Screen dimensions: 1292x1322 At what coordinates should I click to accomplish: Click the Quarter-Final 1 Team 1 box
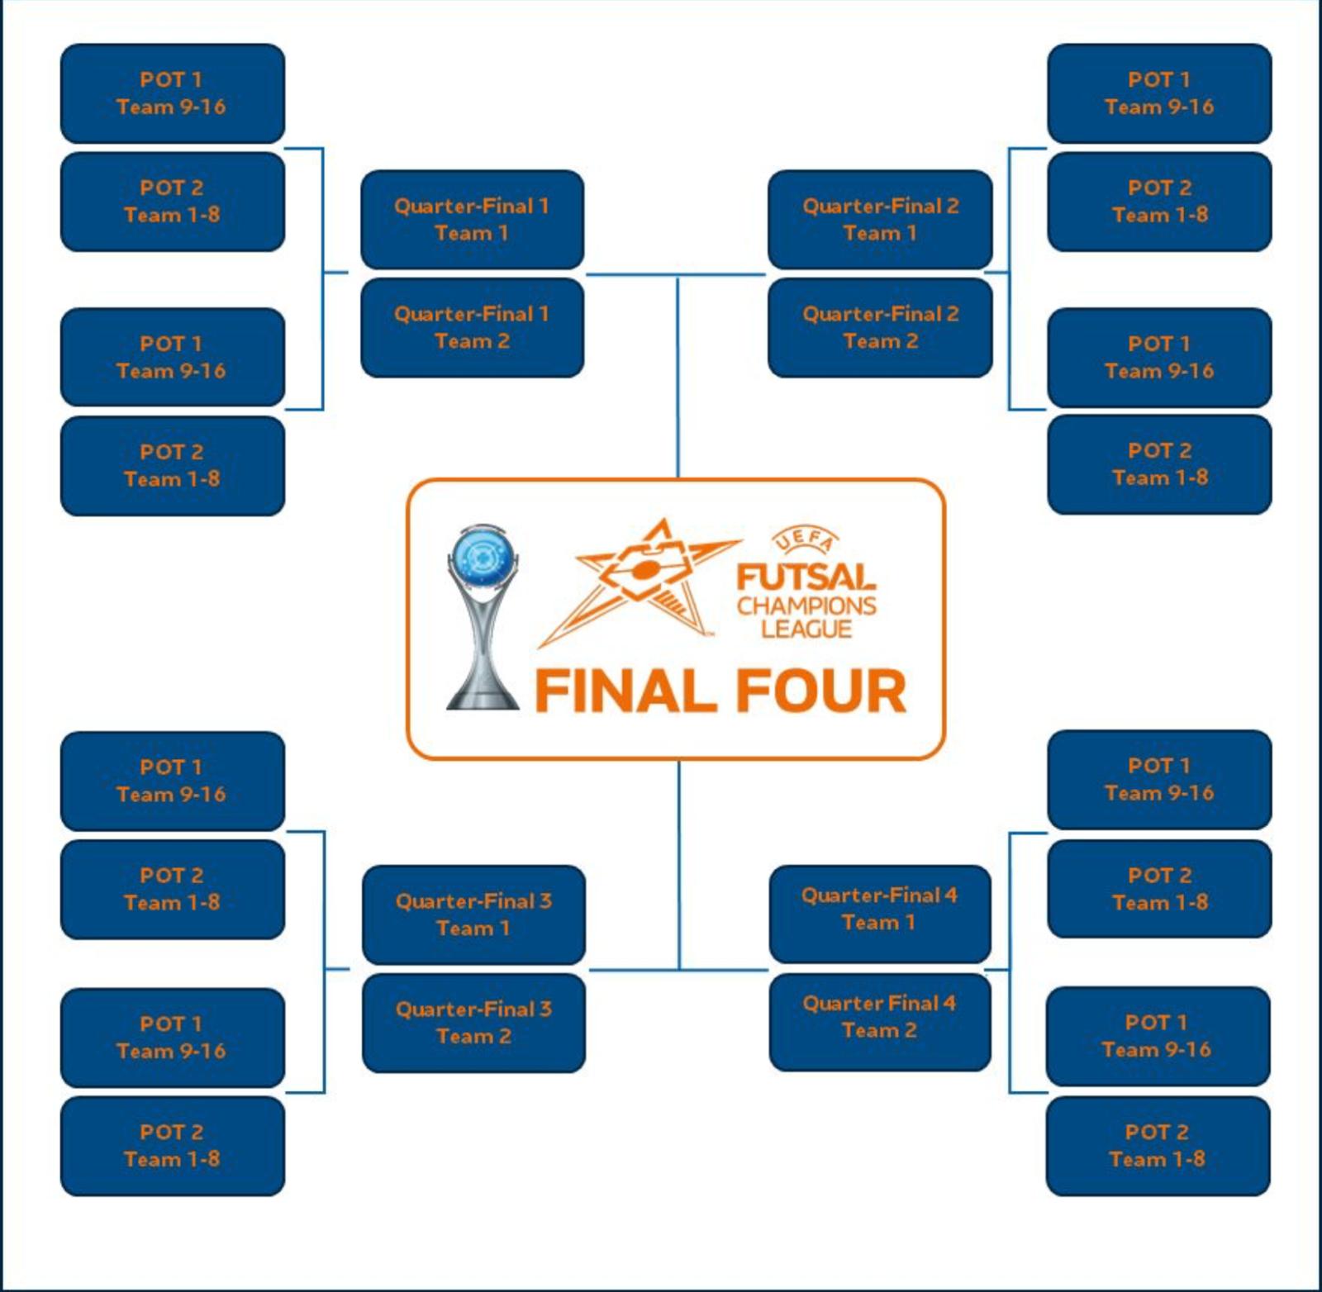tap(472, 220)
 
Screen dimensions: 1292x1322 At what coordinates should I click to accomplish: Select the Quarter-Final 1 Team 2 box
tap(472, 328)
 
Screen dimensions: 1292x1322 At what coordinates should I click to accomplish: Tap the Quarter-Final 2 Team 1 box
tap(880, 220)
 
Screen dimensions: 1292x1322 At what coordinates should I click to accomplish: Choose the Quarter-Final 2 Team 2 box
tap(880, 328)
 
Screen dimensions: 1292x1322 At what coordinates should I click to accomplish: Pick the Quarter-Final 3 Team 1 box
tap(473, 914)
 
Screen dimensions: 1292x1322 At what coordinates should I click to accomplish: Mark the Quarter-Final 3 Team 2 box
tap(473, 1023)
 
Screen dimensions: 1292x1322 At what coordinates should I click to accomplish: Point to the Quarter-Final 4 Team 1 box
tap(879, 909)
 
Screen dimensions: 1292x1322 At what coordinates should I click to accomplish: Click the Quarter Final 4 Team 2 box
tap(879, 1017)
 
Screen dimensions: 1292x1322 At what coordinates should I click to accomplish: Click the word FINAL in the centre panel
tap(625, 691)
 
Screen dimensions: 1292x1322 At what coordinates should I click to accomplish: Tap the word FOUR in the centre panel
tap(821, 691)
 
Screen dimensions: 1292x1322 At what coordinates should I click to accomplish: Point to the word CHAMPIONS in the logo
tap(806, 606)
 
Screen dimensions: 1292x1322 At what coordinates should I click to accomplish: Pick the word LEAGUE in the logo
tap(806, 629)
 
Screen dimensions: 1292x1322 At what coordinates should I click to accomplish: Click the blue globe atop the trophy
tap(483, 555)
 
